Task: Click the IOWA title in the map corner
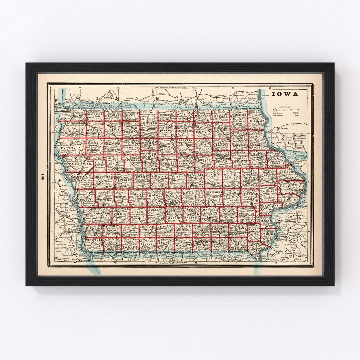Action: pos(285,94)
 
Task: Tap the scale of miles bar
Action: pos(285,109)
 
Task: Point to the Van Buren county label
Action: pos(238,248)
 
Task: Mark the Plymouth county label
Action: pos(71,147)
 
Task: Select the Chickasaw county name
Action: pos(221,128)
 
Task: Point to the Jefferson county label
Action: pos(237,228)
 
